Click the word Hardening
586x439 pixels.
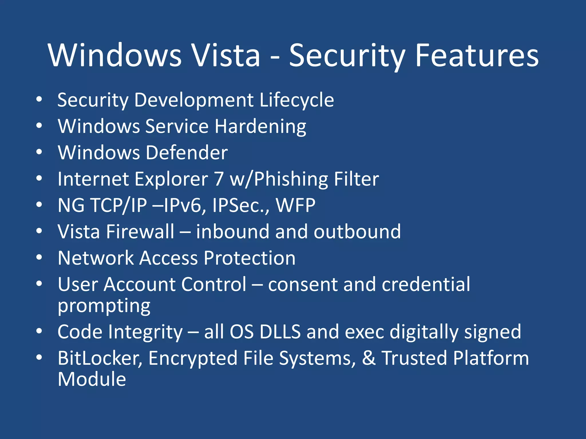coord(260,126)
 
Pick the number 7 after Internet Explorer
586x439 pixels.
coord(219,179)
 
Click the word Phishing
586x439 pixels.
coord(291,179)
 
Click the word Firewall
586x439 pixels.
coord(140,232)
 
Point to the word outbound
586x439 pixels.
coord(357,232)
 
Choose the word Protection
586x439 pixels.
coord(250,258)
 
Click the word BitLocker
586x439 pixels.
coord(100,358)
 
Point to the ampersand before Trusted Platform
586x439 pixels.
coord(369,358)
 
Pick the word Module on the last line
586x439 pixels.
coord(92,379)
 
